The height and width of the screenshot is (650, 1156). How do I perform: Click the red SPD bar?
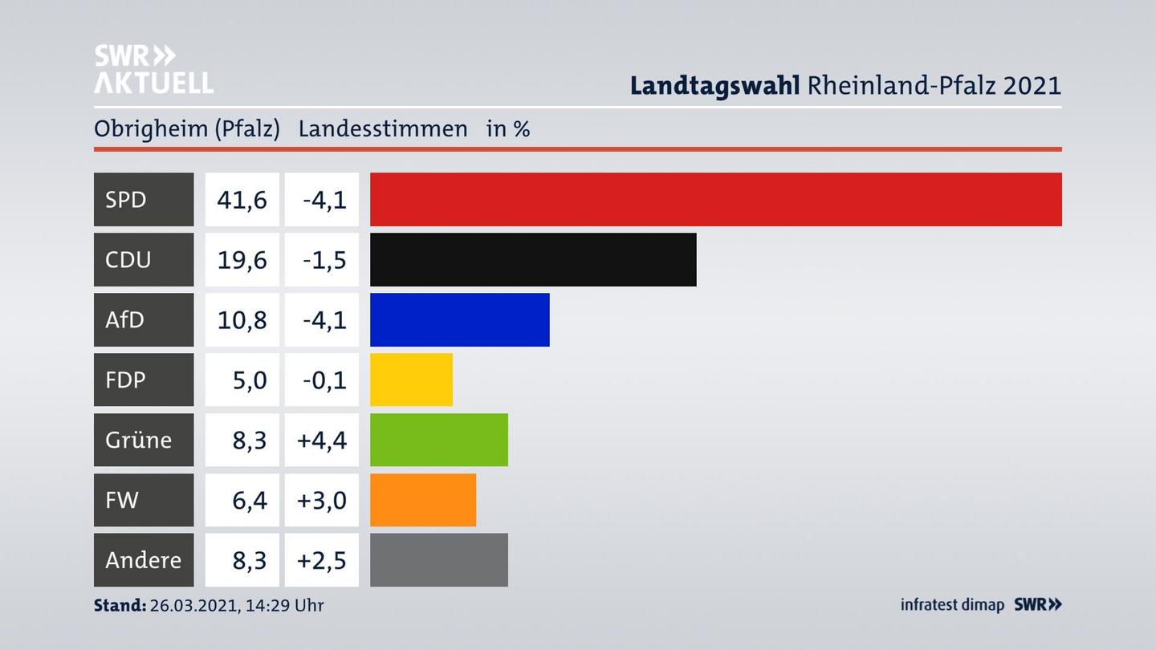coord(715,199)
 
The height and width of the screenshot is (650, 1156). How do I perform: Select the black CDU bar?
coord(533,259)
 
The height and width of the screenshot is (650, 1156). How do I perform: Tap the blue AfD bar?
coord(459,319)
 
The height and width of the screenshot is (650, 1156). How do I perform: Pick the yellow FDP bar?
coord(411,380)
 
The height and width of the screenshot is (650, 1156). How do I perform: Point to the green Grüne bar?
coord(438,440)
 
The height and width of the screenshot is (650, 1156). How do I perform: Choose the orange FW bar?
coord(422,500)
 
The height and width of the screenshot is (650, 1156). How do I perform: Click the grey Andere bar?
coord(438,559)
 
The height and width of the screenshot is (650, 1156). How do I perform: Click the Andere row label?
coord(143,559)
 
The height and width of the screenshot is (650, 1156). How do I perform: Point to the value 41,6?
coord(242,199)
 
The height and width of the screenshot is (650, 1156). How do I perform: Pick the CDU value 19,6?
coord(242,259)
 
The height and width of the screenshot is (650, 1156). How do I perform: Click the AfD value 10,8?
coord(242,319)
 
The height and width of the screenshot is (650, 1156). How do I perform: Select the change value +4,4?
coord(322,440)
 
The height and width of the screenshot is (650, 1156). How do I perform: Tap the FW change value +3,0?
coord(322,500)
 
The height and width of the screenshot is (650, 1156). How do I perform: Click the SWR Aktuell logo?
coord(153,69)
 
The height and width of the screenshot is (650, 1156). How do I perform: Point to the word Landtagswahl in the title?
coord(714,85)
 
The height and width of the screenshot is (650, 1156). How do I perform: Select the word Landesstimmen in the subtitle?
coord(382,128)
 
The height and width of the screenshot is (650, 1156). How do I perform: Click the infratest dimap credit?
coord(952,605)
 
